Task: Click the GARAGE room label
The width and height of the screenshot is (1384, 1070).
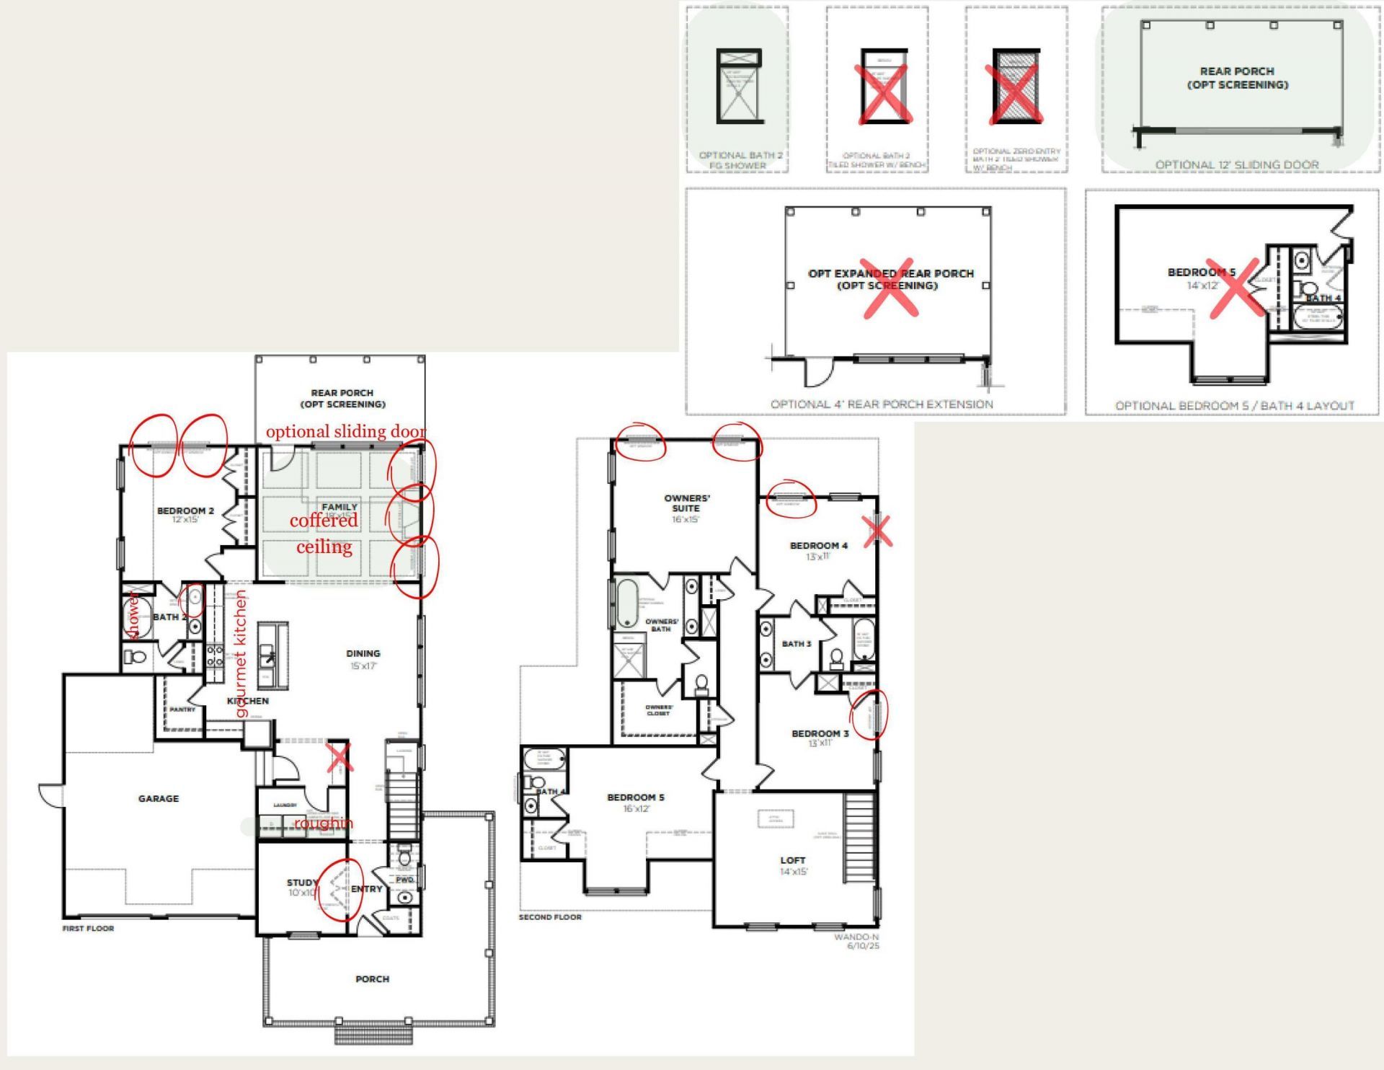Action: tap(158, 798)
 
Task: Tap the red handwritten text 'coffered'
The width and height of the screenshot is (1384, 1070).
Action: tap(324, 520)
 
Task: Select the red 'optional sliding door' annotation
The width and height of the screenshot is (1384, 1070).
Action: tap(345, 431)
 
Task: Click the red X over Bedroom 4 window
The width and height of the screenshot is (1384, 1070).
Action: tap(877, 531)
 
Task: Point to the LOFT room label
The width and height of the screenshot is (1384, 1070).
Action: tap(792, 860)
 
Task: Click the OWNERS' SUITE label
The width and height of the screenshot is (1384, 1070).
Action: tap(686, 503)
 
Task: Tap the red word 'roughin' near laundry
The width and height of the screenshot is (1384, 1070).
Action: tap(323, 823)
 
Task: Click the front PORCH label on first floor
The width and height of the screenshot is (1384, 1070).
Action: tap(372, 978)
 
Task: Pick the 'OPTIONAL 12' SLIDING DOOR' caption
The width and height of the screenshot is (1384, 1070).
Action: tap(1237, 164)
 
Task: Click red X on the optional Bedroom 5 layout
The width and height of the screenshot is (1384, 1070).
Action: tap(1236, 288)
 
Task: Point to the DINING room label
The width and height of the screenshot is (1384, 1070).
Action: tap(363, 653)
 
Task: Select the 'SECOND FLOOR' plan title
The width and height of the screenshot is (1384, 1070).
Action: tap(550, 917)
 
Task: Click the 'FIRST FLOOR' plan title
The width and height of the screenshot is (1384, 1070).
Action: tap(88, 928)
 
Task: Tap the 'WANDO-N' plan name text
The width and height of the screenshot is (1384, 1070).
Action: tap(856, 937)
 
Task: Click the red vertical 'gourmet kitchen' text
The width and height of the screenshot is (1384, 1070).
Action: tap(240, 653)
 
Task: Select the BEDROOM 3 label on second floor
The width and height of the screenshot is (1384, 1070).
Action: tap(820, 733)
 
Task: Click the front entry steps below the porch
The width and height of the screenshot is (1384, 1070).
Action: tap(373, 1036)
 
